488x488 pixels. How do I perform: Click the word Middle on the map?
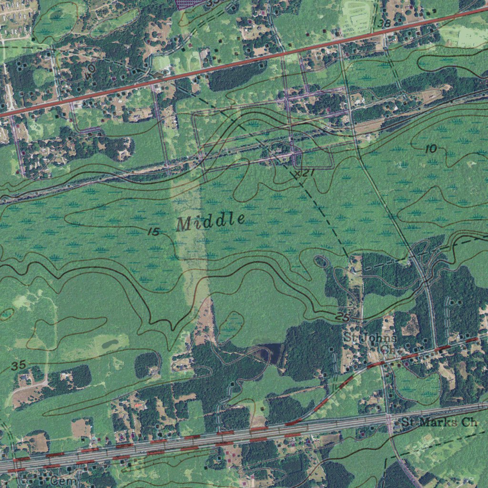211,221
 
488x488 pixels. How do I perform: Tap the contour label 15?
153,232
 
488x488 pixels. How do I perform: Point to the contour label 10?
430,149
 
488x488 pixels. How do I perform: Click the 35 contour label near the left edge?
18,366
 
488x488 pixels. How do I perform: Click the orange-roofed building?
139,405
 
